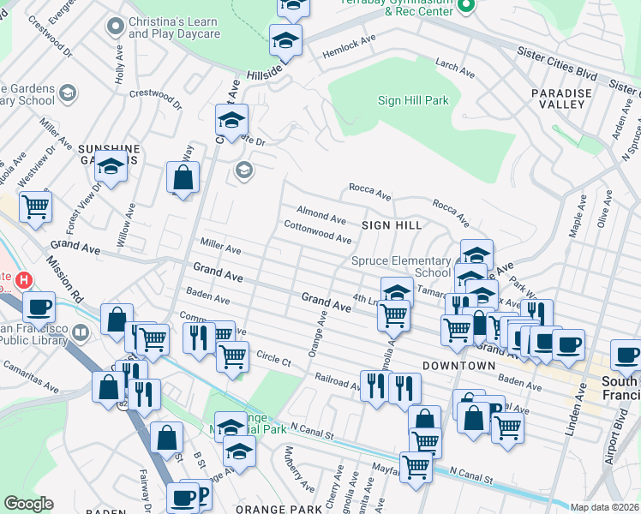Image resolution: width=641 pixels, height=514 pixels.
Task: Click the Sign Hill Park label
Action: [x=414, y=100]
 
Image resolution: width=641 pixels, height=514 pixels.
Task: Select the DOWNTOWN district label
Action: [x=458, y=365]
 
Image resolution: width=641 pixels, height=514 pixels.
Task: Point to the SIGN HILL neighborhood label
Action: [x=392, y=224]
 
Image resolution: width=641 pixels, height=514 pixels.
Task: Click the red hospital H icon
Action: [x=24, y=279]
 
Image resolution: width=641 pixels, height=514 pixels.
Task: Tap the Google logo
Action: [x=28, y=504]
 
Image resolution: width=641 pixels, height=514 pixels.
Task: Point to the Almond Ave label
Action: [x=321, y=214]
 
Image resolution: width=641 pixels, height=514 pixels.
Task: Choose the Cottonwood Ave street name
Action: [x=318, y=231]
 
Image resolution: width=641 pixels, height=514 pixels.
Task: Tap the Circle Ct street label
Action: [x=274, y=359]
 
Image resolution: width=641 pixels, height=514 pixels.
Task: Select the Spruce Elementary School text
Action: [x=400, y=266]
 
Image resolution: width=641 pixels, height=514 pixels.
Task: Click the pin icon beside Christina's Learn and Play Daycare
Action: [x=113, y=27]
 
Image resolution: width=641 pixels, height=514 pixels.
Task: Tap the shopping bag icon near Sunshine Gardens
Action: [x=183, y=179]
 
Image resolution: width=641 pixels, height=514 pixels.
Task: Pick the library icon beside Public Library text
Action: [x=81, y=332]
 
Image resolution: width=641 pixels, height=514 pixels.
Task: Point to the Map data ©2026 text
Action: [x=604, y=507]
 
